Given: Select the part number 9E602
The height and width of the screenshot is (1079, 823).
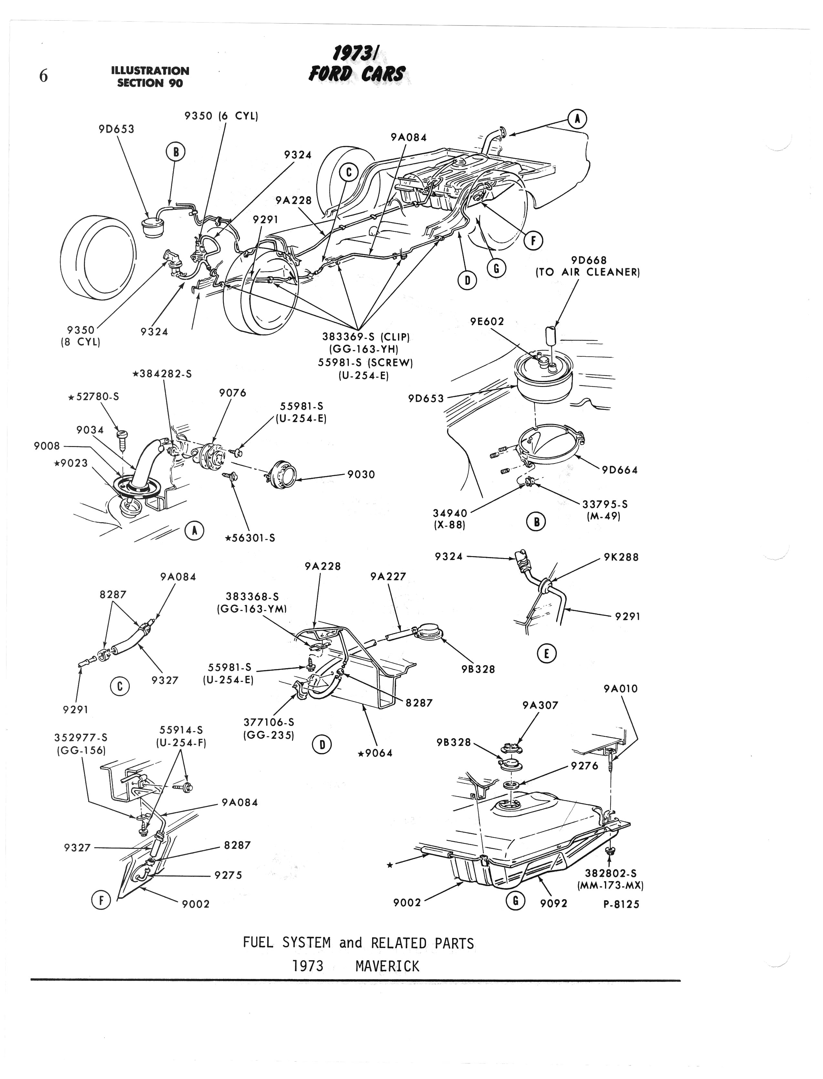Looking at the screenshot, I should coord(487,322).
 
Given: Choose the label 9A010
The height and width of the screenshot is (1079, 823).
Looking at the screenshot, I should coord(621,689).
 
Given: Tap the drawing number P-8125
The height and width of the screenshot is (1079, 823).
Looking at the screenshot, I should coord(621,904).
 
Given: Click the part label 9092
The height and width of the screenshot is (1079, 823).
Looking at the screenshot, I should coord(554,903).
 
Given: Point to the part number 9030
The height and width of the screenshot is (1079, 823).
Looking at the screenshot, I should coord(361,474).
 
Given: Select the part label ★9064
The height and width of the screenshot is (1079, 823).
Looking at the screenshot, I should coord(375,753).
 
